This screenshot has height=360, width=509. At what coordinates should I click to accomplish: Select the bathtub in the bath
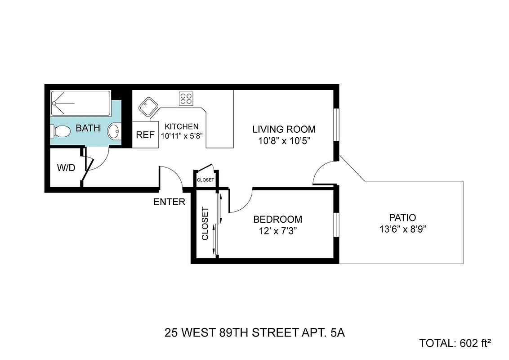(x=81, y=103)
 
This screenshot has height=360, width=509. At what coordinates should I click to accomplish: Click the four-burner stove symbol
(x=186, y=98)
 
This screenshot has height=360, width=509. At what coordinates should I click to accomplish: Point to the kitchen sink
(x=147, y=108)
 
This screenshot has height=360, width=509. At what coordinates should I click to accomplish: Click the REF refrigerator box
(x=145, y=135)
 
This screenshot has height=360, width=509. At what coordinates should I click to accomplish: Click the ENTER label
(x=169, y=202)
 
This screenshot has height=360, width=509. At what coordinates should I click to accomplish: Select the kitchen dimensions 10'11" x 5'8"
(x=181, y=135)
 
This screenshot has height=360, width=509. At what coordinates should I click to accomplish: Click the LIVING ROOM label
(x=284, y=129)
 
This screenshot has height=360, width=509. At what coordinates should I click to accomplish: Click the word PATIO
(x=402, y=218)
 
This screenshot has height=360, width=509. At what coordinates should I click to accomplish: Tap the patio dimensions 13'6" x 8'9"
(x=402, y=229)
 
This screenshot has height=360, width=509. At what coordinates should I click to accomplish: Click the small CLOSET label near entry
(x=205, y=180)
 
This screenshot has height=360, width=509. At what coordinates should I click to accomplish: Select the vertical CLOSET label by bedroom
(x=205, y=224)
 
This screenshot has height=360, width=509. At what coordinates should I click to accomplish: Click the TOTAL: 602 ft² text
(x=455, y=343)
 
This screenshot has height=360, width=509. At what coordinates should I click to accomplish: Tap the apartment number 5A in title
(x=337, y=333)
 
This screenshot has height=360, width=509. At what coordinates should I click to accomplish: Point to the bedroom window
(x=336, y=224)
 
